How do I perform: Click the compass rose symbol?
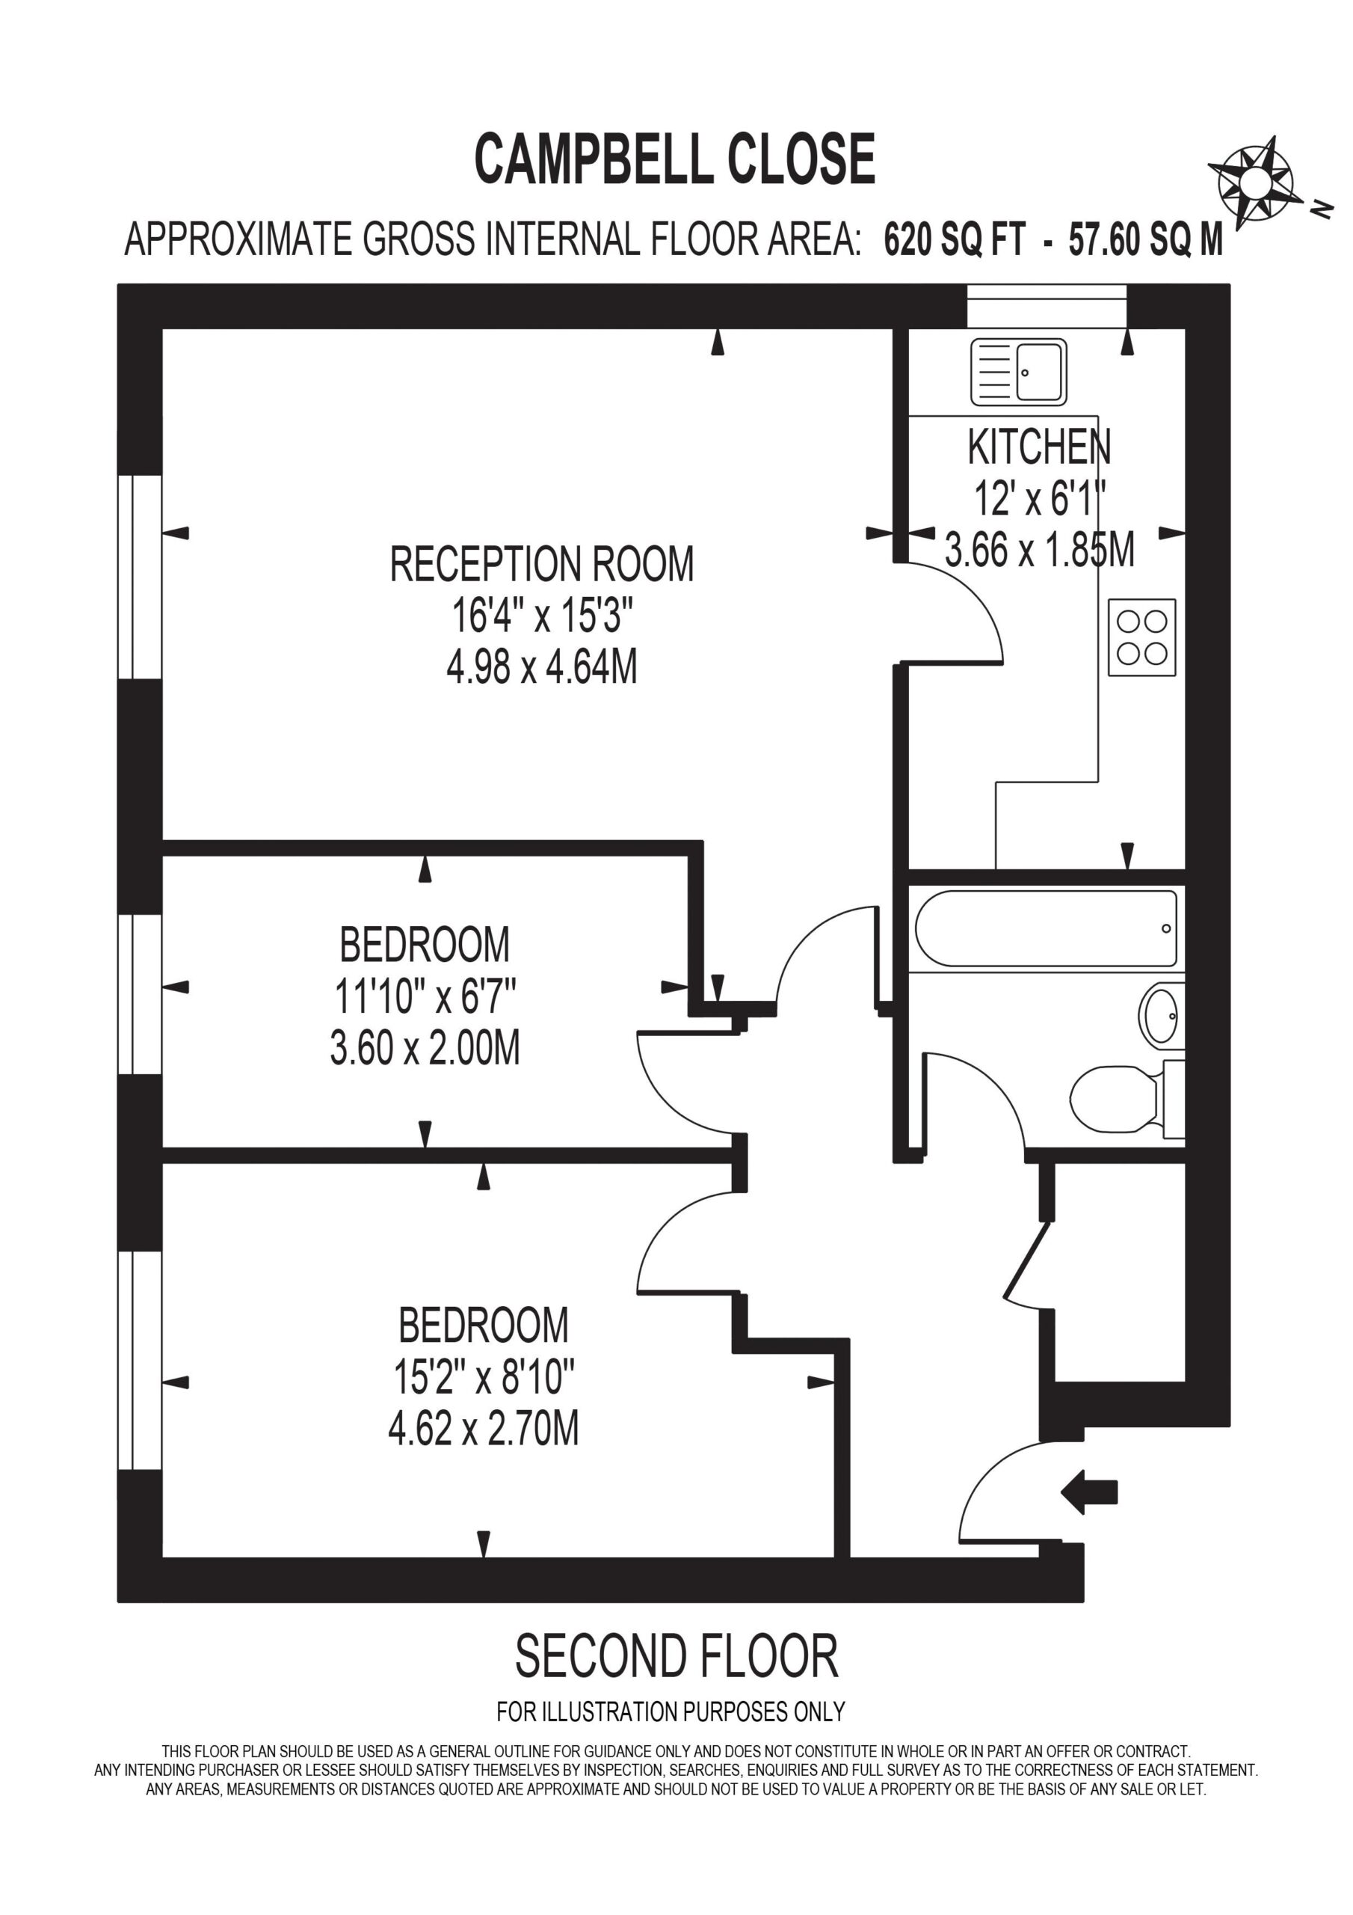pyautogui.click(x=1251, y=182)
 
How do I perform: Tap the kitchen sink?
pyautogui.click(x=1019, y=372)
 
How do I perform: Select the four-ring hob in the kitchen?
pyautogui.click(x=1142, y=637)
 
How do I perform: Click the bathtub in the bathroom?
pyautogui.click(x=1047, y=928)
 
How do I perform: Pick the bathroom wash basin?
pyautogui.click(x=1160, y=1015)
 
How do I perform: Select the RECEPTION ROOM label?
pyautogui.click(x=542, y=564)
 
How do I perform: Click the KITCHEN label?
pyautogui.click(x=1039, y=447)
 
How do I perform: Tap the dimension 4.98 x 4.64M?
pyautogui.click(x=542, y=667)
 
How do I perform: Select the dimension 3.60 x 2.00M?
pyautogui.click(x=425, y=1047)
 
